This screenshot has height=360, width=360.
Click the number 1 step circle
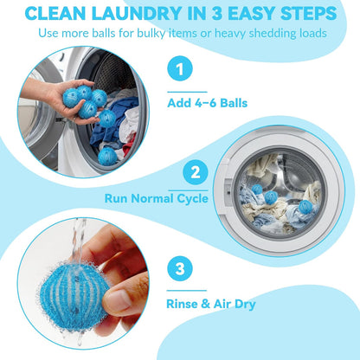pos(180,68)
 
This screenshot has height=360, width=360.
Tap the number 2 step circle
pos(196,172)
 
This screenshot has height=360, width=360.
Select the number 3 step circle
pos(180,269)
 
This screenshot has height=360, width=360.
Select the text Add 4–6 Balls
pos(208,103)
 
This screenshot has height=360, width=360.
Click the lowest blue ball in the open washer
pos(107,157)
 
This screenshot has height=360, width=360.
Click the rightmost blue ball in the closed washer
pos(305,207)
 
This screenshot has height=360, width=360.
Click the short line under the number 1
pos(187,92)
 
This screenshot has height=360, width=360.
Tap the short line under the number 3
pos(187,291)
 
